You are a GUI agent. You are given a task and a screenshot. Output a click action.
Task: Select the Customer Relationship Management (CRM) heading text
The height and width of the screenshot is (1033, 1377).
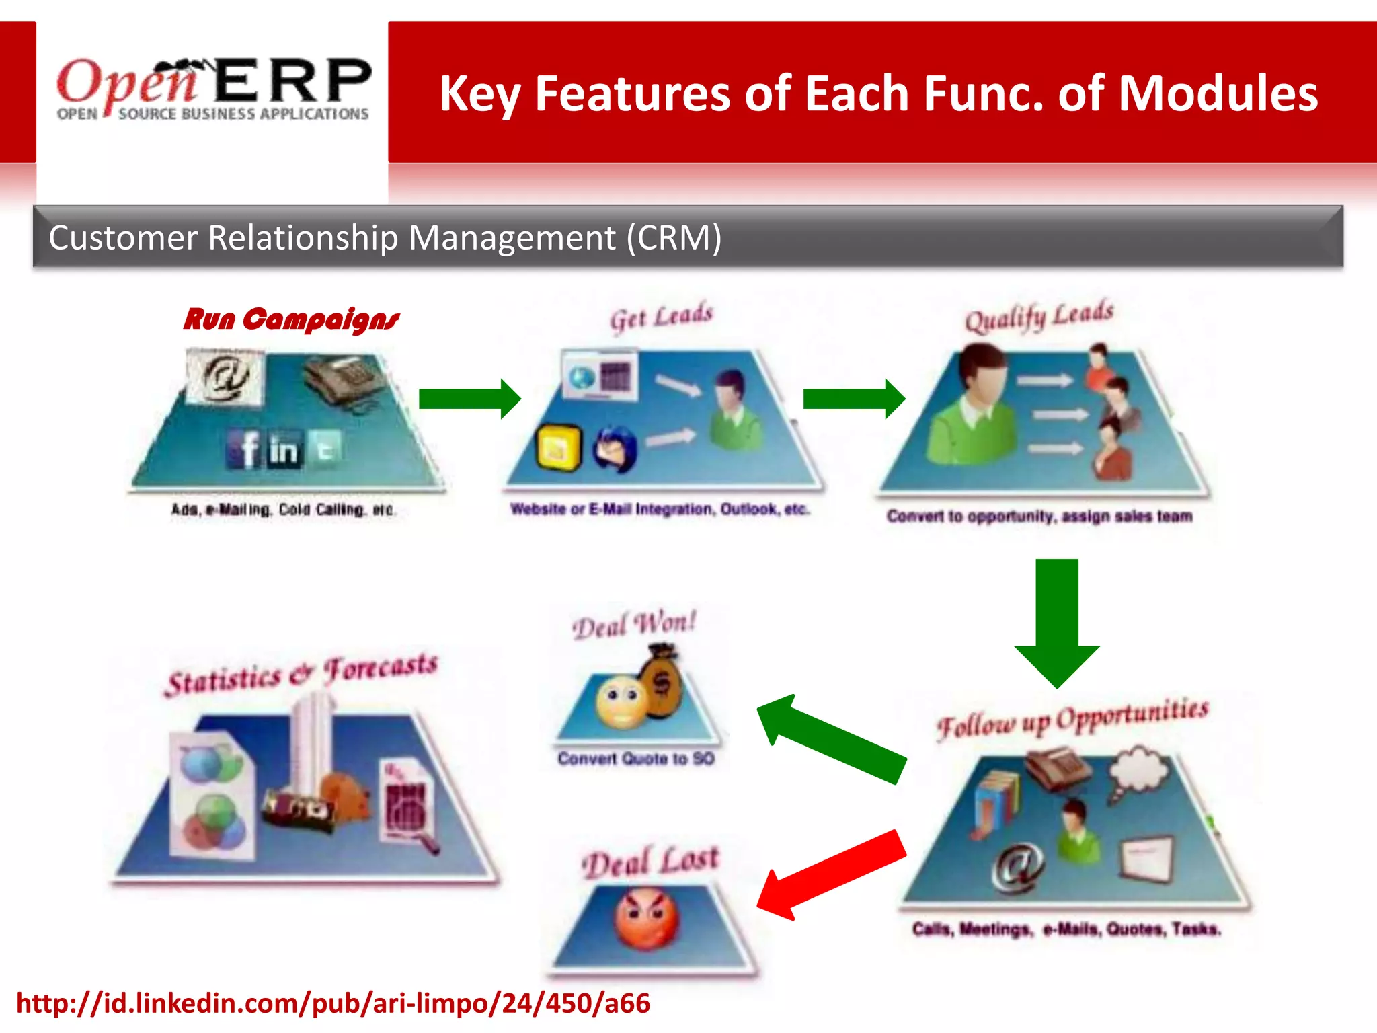tap(385, 237)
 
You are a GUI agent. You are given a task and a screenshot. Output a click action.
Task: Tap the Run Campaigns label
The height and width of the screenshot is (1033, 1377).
tap(291, 319)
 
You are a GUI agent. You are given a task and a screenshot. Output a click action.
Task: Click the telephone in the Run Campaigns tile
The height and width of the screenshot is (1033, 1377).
tap(343, 381)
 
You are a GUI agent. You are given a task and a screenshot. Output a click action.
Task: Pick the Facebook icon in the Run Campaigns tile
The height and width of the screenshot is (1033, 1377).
tap(246, 449)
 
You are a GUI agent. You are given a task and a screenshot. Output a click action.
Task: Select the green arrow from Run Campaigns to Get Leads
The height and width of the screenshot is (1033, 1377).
tap(469, 398)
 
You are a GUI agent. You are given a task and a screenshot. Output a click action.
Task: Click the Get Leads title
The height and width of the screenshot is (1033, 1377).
tap(661, 317)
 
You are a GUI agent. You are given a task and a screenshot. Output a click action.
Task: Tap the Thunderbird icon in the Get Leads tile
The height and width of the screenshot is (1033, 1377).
tap(615, 449)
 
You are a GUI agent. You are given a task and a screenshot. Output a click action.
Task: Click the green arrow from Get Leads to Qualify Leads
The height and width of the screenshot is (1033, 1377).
tap(854, 398)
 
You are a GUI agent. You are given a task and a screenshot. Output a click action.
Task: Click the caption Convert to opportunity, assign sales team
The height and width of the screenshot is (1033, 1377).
tap(1039, 516)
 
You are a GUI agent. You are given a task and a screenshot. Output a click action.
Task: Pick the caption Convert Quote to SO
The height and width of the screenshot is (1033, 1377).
tap(636, 759)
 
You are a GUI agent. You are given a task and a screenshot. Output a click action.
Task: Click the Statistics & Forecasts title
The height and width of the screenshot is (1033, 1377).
tap(302, 674)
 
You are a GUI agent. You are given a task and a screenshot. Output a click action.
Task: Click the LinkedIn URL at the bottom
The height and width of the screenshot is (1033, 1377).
tap(333, 1003)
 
